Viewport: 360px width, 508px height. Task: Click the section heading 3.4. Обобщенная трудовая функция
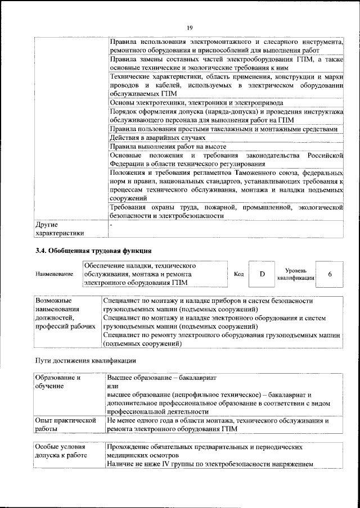(93, 251)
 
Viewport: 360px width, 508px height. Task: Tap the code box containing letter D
(262, 274)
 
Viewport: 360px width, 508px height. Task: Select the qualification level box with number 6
(330, 274)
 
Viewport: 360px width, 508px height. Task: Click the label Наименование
(55, 274)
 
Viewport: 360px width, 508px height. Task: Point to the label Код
(238, 274)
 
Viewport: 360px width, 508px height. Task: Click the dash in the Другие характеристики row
(112, 224)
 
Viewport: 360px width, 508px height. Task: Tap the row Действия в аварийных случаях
(157, 138)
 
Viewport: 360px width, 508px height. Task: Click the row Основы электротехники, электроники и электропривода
(196, 103)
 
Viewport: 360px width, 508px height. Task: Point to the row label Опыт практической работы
(63, 424)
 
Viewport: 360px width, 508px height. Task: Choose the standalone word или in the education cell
(112, 387)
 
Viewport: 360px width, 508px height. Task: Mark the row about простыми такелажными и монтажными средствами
(223, 129)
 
